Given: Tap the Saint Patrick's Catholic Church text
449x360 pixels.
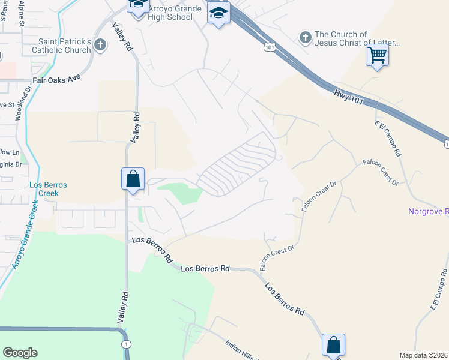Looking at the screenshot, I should [x=65, y=46].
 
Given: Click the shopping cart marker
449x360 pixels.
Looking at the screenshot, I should [x=377, y=56].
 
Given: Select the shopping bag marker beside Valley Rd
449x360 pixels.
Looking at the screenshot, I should [x=133, y=179].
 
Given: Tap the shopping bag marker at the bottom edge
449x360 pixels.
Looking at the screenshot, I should [x=334, y=346].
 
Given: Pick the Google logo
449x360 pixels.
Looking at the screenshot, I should [x=20, y=353].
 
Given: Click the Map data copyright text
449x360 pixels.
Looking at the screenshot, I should [x=424, y=355].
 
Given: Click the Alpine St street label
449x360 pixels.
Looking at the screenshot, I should [x=22, y=13].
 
